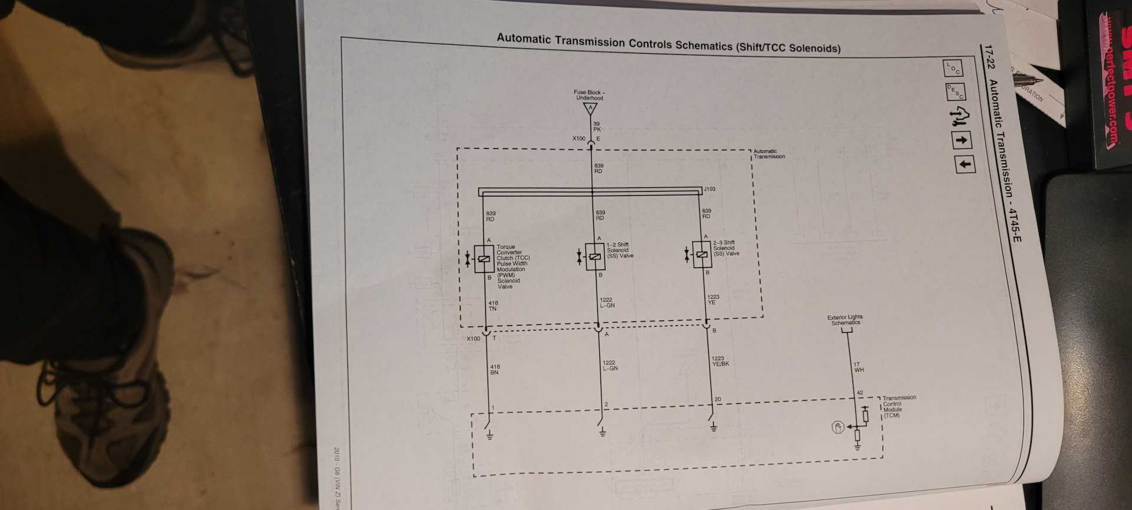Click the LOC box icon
tap(953, 68)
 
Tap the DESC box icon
tap(955, 92)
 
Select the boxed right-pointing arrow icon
tap(962, 140)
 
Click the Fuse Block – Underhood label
tap(590, 95)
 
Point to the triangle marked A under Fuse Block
tap(590, 109)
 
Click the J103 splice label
tap(709, 189)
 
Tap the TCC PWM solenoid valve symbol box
tap(484, 259)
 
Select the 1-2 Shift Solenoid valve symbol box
tap(595, 256)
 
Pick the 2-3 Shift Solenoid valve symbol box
tap(702, 254)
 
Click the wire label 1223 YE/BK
tap(720, 361)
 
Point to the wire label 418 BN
tap(494, 370)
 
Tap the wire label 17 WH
tap(858, 367)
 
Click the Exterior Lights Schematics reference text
tap(845, 320)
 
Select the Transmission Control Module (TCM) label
tap(897, 407)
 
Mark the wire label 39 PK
tap(597, 127)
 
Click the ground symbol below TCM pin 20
tap(713, 427)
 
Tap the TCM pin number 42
tap(860, 393)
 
